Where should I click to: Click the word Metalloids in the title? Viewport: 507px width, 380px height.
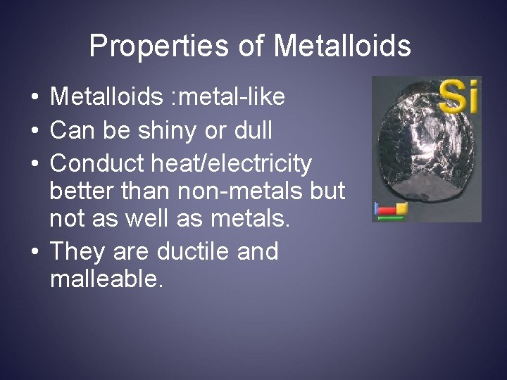(342, 46)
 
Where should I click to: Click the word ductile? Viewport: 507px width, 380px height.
(196, 251)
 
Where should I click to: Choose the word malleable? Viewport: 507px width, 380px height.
(106, 279)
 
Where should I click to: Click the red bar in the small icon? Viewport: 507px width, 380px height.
(387, 210)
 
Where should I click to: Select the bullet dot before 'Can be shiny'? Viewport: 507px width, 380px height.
(34, 131)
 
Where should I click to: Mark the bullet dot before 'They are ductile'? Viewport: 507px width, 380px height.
(34, 252)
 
